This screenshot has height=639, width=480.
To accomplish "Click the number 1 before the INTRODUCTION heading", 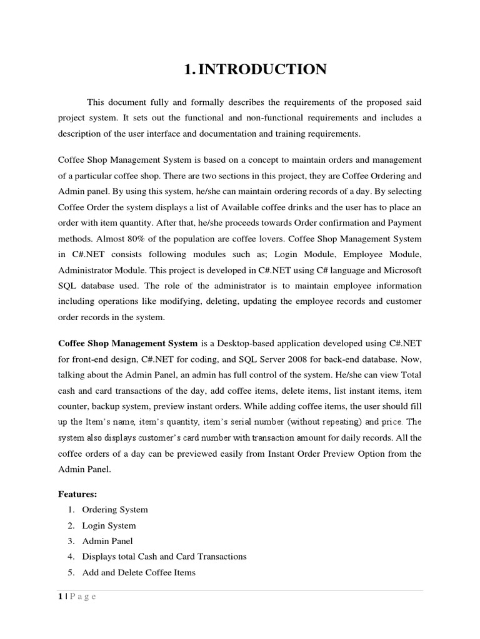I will click(188, 70).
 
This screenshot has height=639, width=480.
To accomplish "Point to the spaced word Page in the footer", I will click(82, 597).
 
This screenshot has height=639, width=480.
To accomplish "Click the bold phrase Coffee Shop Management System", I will click(127, 343).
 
